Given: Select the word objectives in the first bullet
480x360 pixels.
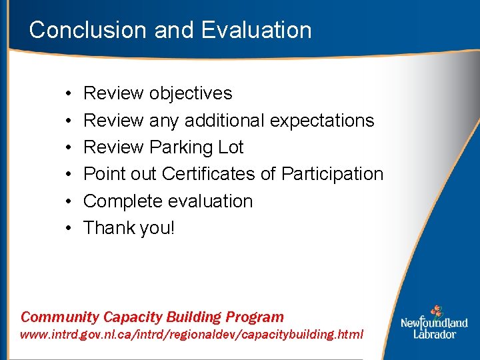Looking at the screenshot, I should coord(191,93).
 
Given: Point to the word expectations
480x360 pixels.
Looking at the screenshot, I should coord(323,121).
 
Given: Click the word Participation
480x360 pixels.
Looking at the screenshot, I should coord(332,174).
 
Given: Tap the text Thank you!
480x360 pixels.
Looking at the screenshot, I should coord(129,228).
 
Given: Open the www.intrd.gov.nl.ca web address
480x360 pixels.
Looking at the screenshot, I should coord(192,335).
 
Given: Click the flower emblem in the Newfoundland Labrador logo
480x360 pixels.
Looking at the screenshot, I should coord(435,311).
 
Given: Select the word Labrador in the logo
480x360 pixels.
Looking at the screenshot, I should coord(434,333).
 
